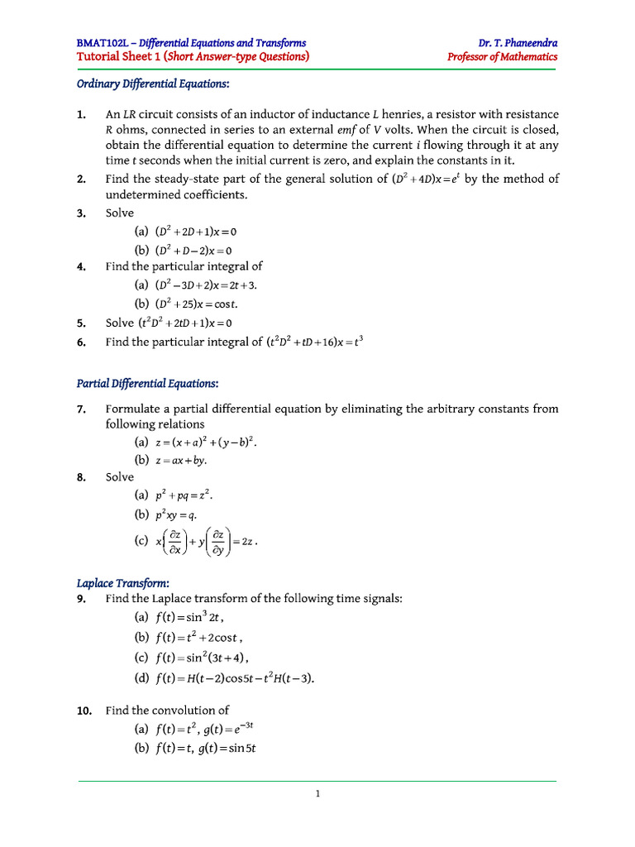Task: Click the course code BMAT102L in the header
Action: click(104, 43)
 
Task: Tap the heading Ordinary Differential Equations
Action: click(153, 84)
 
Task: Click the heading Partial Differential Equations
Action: click(147, 384)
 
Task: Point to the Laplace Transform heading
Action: click(122, 583)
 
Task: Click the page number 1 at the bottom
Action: click(317, 794)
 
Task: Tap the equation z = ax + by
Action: click(181, 460)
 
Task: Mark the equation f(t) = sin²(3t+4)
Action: click(202, 658)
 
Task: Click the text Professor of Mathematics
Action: click(502, 57)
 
